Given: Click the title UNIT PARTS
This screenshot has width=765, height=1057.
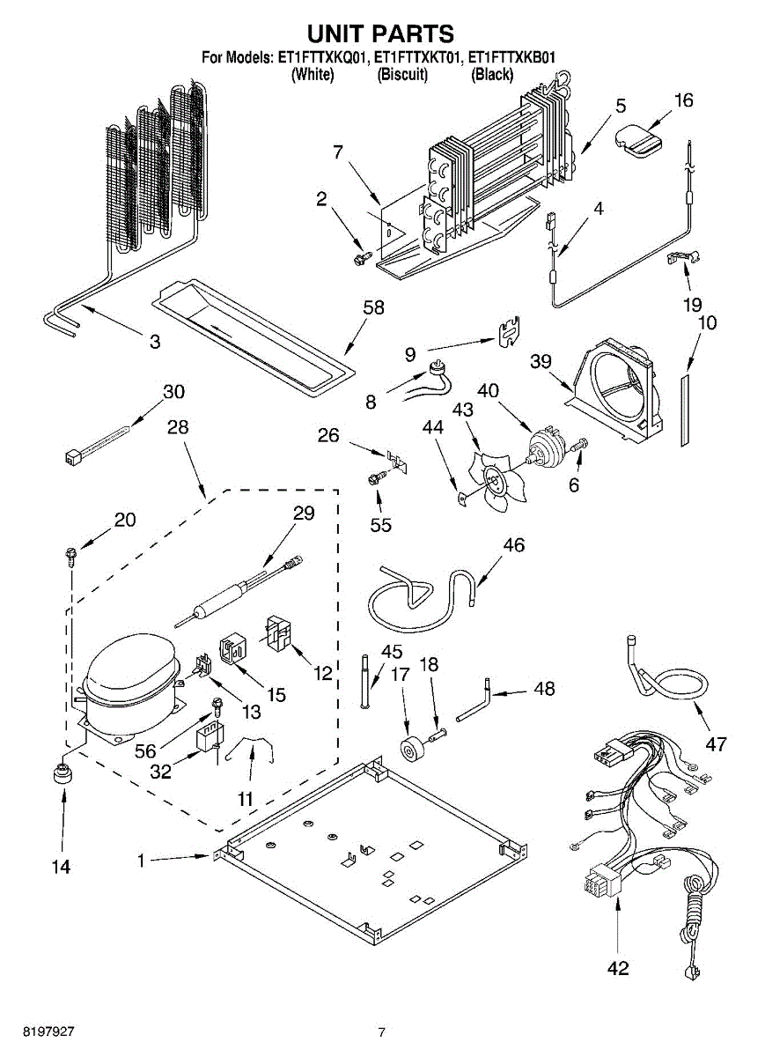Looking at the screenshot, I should [x=380, y=33].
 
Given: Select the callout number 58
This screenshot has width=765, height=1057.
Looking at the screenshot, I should [x=375, y=307].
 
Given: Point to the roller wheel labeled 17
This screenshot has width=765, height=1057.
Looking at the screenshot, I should [x=409, y=750].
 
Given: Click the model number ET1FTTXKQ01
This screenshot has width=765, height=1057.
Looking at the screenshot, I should [x=322, y=58].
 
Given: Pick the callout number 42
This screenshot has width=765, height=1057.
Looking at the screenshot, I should [x=619, y=968].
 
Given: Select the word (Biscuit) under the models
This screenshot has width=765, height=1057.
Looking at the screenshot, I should [x=402, y=75].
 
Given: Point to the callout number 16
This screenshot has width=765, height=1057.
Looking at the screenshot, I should [x=683, y=100].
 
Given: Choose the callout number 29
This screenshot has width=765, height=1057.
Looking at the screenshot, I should [x=303, y=514].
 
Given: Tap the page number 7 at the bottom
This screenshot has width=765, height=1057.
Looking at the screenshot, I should [x=382, y=1032].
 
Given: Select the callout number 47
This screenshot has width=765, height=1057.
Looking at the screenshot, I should [x=717, y=744].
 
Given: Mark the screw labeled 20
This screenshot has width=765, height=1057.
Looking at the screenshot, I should [x=69, y=555].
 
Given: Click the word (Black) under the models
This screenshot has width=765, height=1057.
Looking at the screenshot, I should [x=492, y=75].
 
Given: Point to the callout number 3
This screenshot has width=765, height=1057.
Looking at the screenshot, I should [x=155, y=342].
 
